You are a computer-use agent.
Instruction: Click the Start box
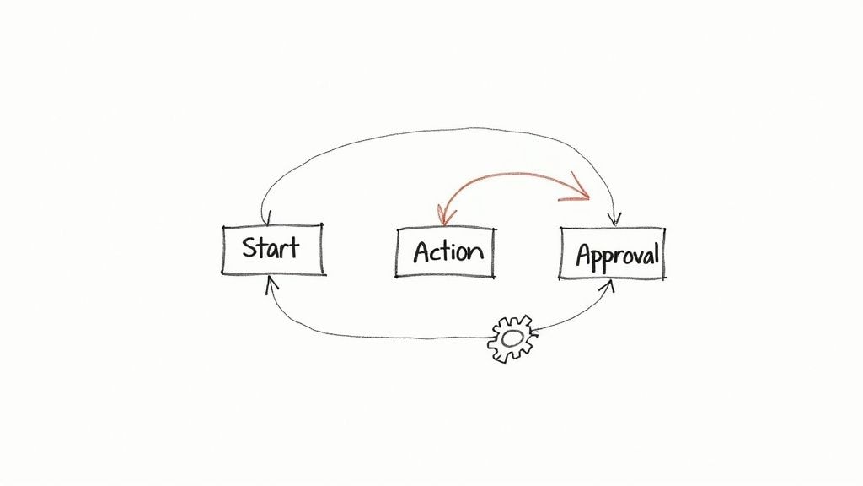tap(272, 250)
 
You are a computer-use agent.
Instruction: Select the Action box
tap(446, 251)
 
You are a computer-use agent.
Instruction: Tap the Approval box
tap(613, 253)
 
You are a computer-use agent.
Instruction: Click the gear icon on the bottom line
tap(512, 338)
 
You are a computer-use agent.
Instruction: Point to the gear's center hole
tap(512, 339)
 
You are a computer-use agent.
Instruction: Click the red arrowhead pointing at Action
tap(441, 218)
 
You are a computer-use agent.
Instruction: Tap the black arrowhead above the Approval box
tap(614, 219)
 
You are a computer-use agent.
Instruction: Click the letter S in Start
tap(250, 248)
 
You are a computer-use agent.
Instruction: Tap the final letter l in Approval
tap(656, 252)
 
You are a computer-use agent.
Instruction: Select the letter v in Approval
tap(631, 256)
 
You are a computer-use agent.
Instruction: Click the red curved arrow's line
tap(506, 175)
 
